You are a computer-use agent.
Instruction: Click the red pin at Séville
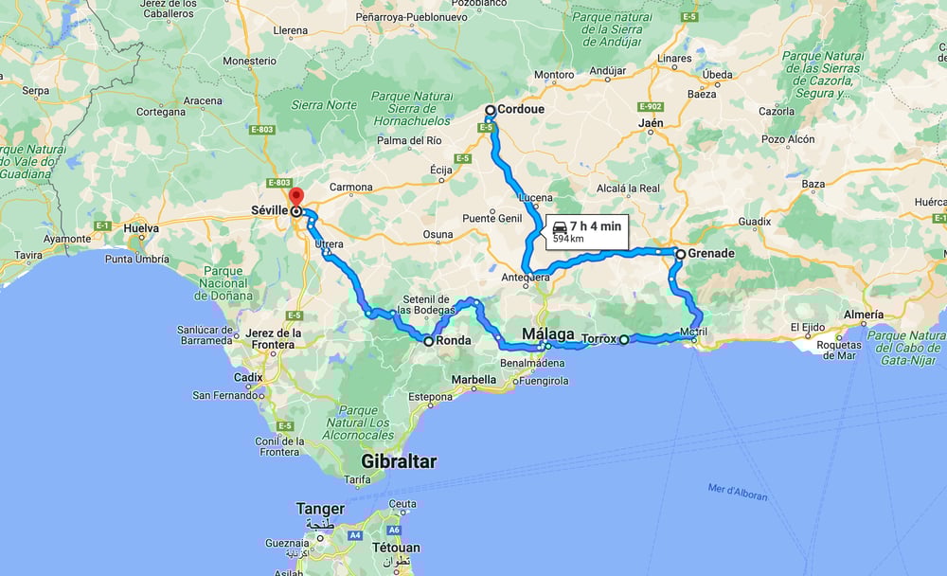295,197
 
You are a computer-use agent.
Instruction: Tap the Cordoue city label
523,110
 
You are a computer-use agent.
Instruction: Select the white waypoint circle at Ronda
429,341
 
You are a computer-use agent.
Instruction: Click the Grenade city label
711,254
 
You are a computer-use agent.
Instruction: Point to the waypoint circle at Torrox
624,339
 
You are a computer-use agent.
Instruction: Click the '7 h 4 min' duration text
596,225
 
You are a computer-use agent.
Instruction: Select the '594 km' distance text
568,240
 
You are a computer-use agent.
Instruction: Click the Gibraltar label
399,461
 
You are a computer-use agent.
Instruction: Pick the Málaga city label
548,334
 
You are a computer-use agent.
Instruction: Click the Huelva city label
141,228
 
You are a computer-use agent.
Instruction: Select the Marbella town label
473,379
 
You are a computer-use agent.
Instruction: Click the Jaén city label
651,124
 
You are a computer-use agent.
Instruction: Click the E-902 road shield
651,106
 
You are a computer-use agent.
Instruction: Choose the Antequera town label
525,278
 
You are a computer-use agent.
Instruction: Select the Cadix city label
250,376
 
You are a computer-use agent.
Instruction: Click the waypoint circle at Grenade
680,254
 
